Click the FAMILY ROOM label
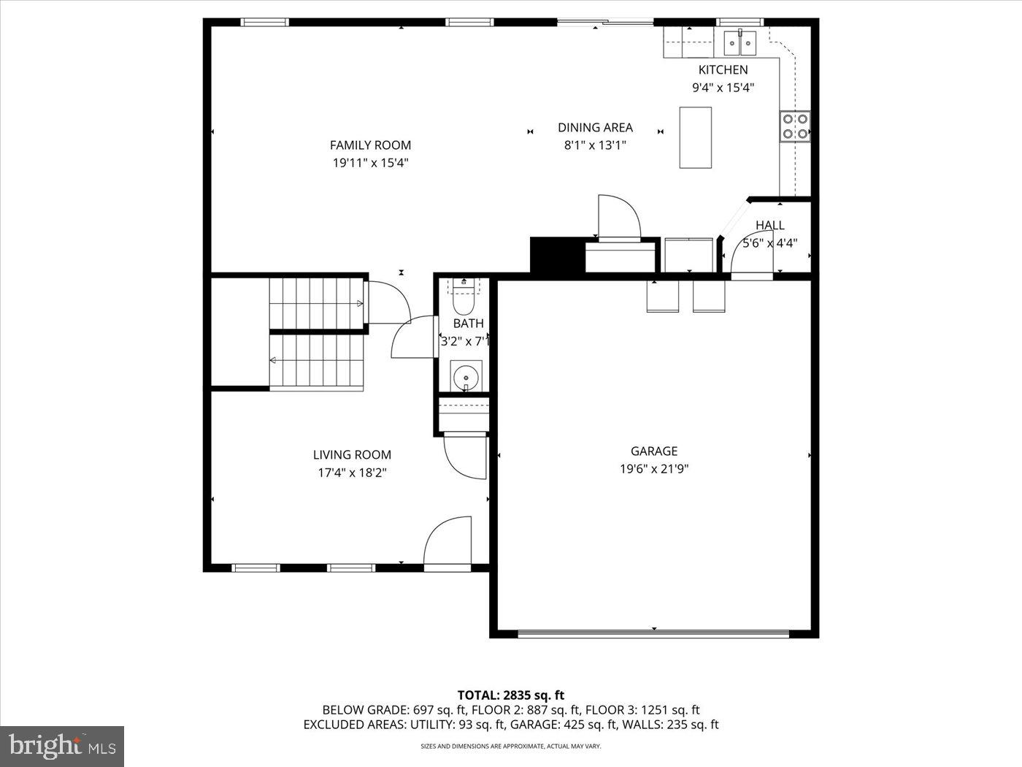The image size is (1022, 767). (x=370, y=145)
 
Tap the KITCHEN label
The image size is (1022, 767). (x=723, y=70)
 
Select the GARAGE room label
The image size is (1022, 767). (x=653, y=451)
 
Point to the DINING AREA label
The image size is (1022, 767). (x=595, y=128)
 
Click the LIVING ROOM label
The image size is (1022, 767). (x=352, y=454)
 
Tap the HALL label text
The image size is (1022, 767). (x=769, y=225)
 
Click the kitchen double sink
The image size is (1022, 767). (x=739, y=42)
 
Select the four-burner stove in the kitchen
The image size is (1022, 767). (x=795, y=126)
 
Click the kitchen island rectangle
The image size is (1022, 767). (x=695, y=137)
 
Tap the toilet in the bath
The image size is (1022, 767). (x=464, y=298)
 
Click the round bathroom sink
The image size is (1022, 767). (x=466, y=375)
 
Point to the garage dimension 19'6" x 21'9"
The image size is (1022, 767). (x=653, y=469)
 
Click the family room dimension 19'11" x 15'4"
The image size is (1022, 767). (x=370, y=163)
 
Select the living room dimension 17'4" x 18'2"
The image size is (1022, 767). (x=352, y=473)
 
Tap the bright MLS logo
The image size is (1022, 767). (x=62, y=747)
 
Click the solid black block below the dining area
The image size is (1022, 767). (x=557, y=255)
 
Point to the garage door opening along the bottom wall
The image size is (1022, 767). (x=653, y=633)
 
